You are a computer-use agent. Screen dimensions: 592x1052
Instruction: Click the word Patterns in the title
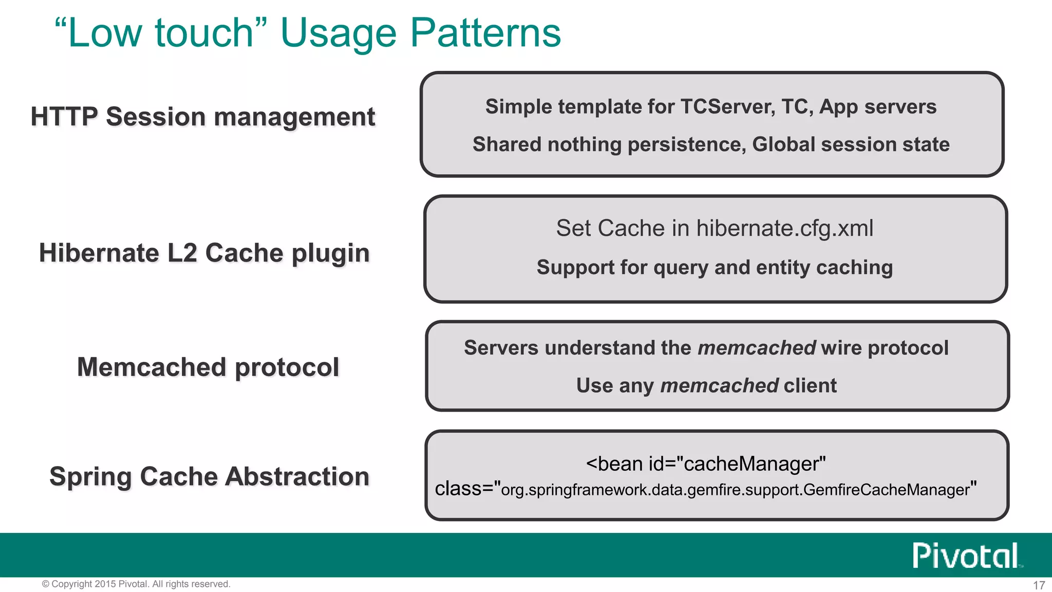coord(485,33)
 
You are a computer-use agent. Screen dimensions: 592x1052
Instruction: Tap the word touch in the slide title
coord(204,33)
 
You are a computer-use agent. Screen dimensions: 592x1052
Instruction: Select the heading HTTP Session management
coord(203,117)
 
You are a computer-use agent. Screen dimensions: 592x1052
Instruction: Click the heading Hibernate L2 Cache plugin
coord(204,253)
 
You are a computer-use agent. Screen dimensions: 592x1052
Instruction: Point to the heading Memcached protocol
coord(208,367)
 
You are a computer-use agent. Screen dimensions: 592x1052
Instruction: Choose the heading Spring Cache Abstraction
coord(210,476)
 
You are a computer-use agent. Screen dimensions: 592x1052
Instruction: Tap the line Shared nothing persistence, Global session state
coord(711,144)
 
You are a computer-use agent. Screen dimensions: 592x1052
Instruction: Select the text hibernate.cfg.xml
coord(784,228)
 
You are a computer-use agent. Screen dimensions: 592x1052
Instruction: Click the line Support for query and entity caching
coord(715,267)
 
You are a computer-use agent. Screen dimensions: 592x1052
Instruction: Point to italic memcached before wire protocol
coord(757,348)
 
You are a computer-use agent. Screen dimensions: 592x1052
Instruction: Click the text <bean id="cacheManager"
coord(706,464)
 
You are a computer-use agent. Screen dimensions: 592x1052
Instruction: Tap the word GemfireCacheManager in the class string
coord(886,489)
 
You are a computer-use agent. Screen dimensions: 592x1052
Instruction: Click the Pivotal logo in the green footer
coord(966,556)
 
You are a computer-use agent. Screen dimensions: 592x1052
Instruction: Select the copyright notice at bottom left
coord(136,584)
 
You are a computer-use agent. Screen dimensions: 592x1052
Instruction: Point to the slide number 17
coord(1039,585)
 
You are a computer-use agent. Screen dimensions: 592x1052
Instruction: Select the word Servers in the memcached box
coord(501,348)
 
